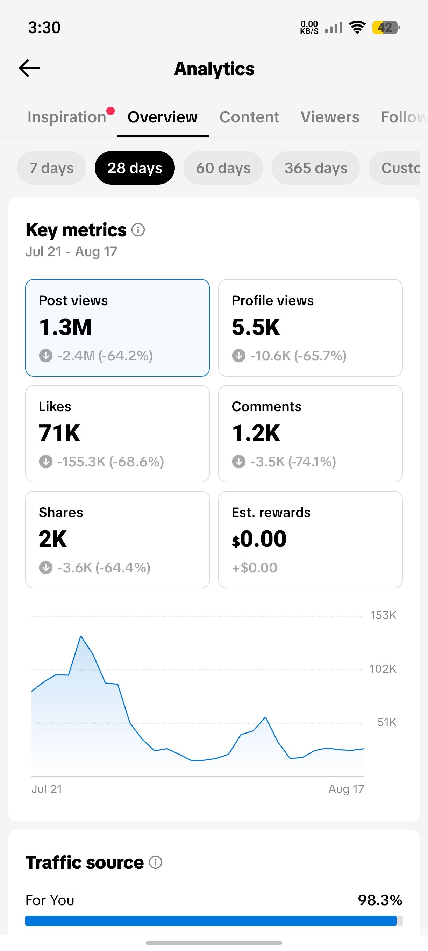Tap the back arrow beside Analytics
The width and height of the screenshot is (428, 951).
pos(29,68)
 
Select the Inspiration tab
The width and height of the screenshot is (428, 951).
pos(67,117)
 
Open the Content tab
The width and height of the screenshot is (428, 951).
pos(249,117)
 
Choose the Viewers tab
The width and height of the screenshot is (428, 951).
pos(330,117)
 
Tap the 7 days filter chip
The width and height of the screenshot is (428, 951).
pos(51,168)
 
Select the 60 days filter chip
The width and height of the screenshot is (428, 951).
pos(223,168)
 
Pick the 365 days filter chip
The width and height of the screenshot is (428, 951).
pos(316,168)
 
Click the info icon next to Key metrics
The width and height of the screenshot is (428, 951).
pos(138,230)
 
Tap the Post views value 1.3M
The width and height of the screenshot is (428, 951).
pos(65,327)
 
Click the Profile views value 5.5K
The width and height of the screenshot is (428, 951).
pos(256,327)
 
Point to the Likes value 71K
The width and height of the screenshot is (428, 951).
pos(59,433)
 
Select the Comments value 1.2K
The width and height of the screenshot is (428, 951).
pos(256,433)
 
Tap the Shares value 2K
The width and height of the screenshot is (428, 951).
pos(53,539)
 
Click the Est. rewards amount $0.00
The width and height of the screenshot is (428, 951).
pos(259,539)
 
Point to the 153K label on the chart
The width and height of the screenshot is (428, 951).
pos(383,615)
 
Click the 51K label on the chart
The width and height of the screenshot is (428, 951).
pos(387,722)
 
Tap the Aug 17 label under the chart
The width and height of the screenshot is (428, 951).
pos(346,789)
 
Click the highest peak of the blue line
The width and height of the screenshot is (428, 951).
pos(81,636)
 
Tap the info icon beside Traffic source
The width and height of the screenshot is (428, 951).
pos(156,863)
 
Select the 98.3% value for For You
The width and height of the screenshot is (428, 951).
pos(380,900)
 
